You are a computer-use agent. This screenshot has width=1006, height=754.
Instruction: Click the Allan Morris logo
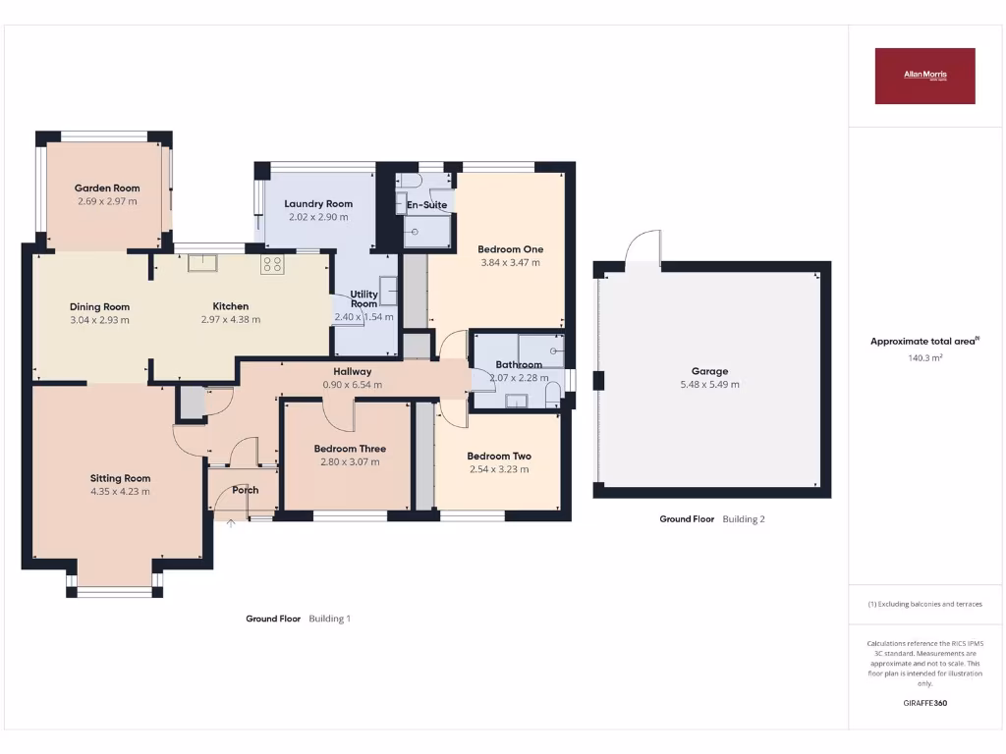924,76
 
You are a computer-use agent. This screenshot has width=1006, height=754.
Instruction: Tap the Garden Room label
107,188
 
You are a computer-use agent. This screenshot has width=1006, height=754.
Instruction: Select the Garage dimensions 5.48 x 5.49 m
709,384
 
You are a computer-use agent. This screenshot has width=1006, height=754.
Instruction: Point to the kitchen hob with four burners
272,263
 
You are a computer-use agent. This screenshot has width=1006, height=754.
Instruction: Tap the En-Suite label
427,205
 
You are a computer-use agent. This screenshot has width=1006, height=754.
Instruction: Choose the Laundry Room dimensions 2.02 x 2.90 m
318,216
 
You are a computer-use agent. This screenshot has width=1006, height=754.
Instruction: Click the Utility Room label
363,298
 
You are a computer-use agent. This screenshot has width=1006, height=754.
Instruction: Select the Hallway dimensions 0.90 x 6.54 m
352,385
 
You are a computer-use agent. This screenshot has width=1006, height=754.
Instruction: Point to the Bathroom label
519,365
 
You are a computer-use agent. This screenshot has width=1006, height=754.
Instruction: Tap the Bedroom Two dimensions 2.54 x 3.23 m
499,469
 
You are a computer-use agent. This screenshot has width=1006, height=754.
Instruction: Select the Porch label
246,490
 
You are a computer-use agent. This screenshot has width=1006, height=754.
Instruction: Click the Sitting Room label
120,478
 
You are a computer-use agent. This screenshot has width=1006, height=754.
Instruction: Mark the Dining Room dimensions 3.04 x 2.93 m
99,319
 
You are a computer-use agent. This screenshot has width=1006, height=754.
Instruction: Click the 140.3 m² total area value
924,358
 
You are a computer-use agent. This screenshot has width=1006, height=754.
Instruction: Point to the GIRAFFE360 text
924,703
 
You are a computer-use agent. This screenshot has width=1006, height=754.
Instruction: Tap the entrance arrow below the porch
231,523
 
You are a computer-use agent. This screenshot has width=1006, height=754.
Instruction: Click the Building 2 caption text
744,518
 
